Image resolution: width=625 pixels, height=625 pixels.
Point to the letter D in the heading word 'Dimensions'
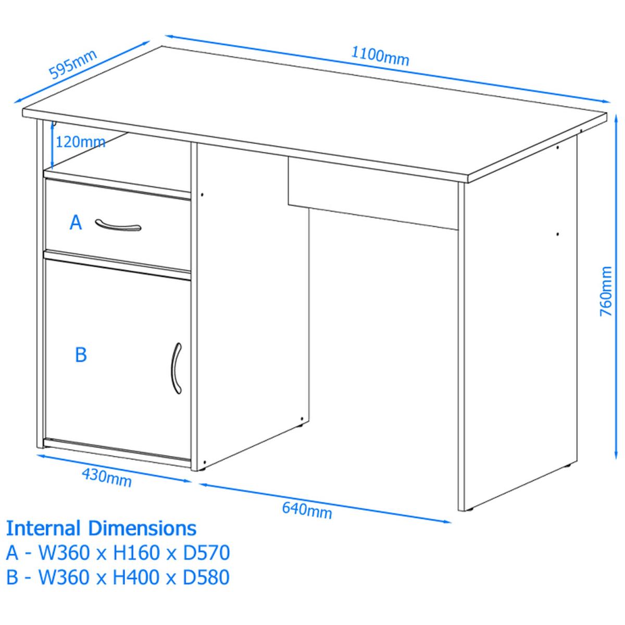click(95, 528)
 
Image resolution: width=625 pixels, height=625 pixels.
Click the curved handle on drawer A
click(118, 226)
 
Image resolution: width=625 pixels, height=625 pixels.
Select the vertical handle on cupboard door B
click(176, 368)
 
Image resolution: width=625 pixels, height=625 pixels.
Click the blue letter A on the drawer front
click(76, 223)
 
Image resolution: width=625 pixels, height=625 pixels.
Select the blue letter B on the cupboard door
click(81, 355)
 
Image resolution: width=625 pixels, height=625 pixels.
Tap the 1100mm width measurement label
click(380, 57)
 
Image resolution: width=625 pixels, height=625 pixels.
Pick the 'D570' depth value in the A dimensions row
click(207, 553)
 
